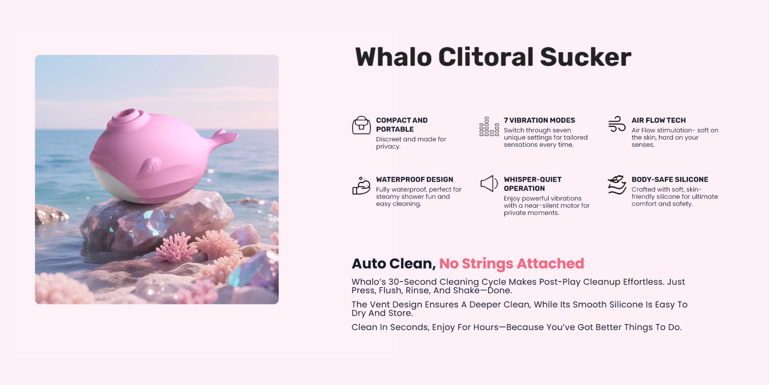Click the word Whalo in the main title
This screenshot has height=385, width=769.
tap(393, 57)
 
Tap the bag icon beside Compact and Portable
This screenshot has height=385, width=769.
tap(361, 125)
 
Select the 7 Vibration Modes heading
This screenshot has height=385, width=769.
tap(539, 120)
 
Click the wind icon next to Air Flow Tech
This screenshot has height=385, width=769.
tap(617, 124)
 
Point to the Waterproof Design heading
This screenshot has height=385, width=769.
tap(415, 180)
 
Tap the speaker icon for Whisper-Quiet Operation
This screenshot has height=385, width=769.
tap(489, 184)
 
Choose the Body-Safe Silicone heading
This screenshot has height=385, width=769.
tap(670, 180)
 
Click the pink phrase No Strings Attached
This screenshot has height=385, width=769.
tap(511, 263)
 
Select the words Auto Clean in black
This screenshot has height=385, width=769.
tap(393, 263)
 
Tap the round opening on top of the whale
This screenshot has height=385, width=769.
tap(129, 114)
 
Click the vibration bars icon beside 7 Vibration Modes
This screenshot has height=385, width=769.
tap(489, 126)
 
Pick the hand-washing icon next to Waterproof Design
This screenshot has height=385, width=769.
tap(361, 185)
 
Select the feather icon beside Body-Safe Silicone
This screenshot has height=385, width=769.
tap(617, 184)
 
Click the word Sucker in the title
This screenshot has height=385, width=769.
tap(586, 57)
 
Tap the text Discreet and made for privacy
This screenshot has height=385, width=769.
tap(411, 143)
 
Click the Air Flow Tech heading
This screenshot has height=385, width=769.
tap(658, 120)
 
